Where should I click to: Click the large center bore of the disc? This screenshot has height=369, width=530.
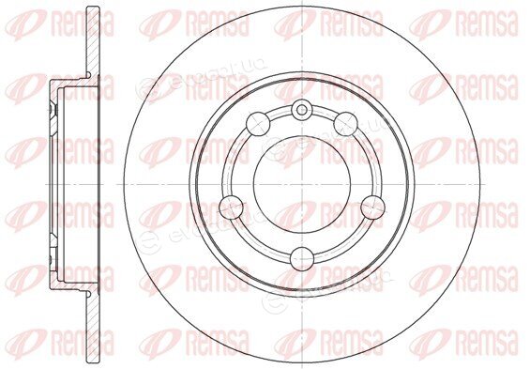coord(302,184)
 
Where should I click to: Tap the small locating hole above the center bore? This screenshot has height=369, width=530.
coord(302,109)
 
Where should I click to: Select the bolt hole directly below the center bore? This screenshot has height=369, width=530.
coord(302,259)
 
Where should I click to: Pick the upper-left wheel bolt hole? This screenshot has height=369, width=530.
coord(258,124)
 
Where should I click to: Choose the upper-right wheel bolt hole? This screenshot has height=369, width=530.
coord(346,124)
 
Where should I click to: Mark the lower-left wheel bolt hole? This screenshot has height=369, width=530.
coord(231,207)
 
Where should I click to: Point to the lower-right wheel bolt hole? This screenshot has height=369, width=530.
coord(372,207)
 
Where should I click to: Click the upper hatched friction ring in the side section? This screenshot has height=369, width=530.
coord(93,40)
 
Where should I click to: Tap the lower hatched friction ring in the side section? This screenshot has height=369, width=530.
coord(93,327)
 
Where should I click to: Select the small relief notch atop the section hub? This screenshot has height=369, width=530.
coord(89,74)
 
